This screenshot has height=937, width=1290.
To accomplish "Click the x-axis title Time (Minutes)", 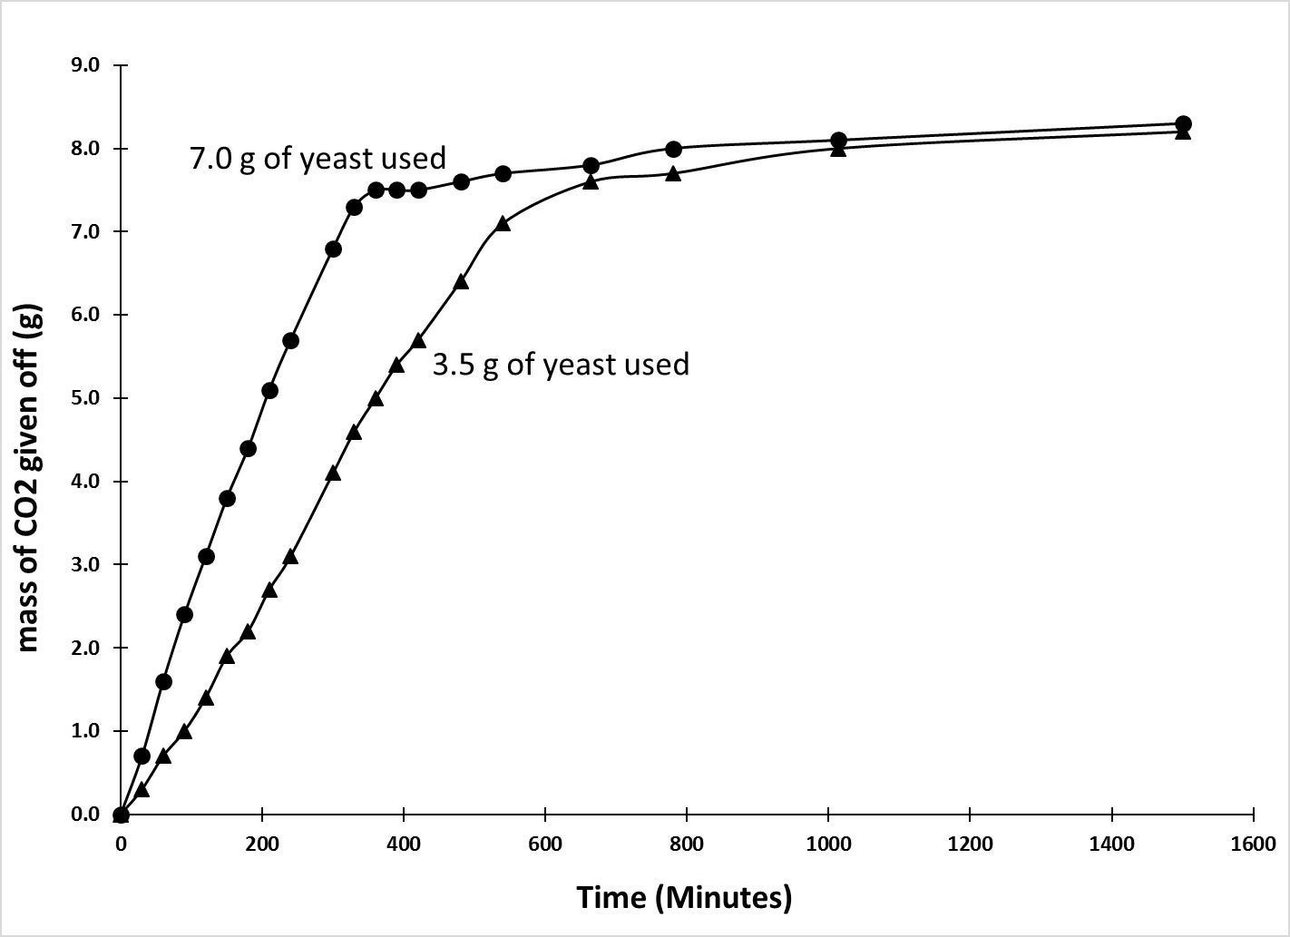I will (685, 898).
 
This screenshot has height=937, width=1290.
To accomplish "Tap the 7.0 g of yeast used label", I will (318, 159).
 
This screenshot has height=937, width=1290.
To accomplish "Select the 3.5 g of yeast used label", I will (561, 364).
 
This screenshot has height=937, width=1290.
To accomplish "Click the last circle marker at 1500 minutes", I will (1183, 124).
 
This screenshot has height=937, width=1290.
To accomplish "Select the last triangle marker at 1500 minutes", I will (1183, 132).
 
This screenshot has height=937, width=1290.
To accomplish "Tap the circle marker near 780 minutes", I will (673, 149).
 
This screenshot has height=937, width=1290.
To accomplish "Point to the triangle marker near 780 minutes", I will (673, 173).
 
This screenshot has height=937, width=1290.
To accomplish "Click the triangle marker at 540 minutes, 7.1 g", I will (503, 223).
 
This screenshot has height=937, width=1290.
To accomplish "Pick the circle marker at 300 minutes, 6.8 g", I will (333, 249).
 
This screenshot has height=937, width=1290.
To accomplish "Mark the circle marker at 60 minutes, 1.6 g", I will (163, 681).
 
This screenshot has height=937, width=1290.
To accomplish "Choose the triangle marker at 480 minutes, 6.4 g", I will (461, 282).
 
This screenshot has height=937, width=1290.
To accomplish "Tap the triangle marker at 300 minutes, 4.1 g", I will (333, 473).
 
